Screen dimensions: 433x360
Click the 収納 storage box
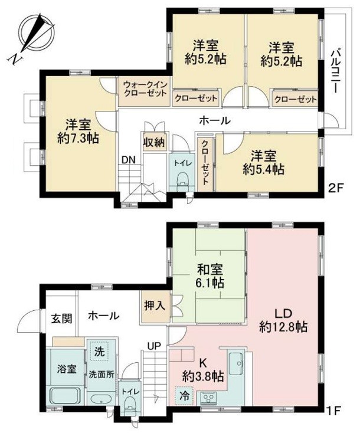153,143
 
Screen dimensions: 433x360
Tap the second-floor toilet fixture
180,179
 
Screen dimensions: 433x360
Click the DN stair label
128,160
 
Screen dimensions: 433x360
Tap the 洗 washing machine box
98,349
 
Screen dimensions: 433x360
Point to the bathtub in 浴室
66,396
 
